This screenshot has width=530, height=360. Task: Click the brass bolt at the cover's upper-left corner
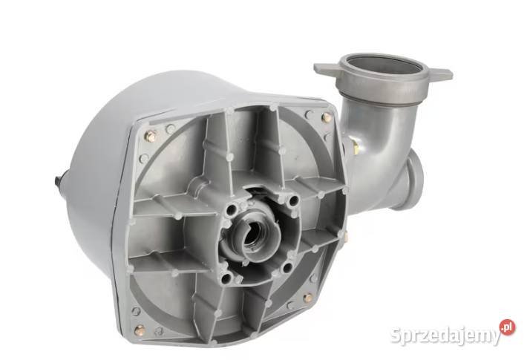pos(151,136)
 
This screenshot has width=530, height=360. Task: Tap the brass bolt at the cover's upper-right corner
pos(327,117)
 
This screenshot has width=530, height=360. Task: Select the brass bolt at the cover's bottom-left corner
pos(140,329)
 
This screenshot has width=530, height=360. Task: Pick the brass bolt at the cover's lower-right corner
pos(307,298)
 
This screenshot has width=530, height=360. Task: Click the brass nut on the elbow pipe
pos(355,147)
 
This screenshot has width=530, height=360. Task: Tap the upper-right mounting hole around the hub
pos(293,201)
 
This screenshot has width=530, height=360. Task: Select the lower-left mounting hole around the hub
pos(226,279)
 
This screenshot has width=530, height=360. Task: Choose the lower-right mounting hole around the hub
pos(287,268)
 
